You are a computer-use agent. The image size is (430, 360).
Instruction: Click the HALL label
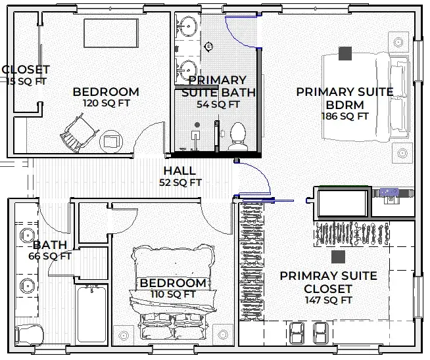[179, 171]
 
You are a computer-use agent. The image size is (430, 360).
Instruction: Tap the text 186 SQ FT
[345, 116]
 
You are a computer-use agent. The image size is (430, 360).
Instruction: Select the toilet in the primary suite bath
[237, 136]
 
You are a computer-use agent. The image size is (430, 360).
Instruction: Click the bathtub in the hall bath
[91, 314]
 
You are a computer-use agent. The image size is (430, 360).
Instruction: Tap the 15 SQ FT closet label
[26, 81]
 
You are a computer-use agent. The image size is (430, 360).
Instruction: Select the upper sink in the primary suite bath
[187, 26]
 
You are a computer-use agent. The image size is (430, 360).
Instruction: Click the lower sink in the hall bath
[27, 286]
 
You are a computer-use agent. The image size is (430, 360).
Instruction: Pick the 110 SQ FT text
[173, 294]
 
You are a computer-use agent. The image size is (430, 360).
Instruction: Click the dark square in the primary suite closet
[338, 257]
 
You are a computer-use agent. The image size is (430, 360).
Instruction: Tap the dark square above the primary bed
[345, 53]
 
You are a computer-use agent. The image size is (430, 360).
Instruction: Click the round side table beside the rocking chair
[111, 142]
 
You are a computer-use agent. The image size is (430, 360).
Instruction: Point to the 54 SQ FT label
[218, 104]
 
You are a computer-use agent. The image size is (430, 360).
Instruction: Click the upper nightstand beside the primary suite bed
[398, 42]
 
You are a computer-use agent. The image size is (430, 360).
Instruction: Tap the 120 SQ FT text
[107, 103]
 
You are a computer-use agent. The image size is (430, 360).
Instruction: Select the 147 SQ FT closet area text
[328, 300]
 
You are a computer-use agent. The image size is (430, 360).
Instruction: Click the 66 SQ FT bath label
[49, 256]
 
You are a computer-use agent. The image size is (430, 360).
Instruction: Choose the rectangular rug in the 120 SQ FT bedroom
[111, 33]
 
